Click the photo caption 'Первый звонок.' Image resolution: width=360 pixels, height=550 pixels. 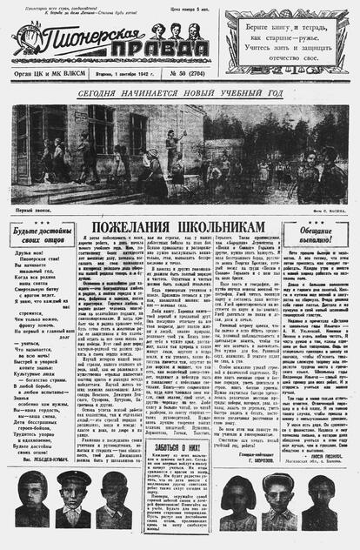33,209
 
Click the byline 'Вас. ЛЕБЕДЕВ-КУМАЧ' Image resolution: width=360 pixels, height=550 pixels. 49,459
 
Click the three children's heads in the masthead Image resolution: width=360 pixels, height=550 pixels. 175,30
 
